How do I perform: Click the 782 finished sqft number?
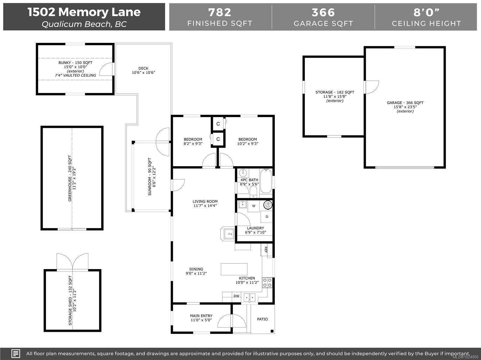click(x=220, y=12)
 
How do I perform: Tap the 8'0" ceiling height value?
click(x=426, y=12)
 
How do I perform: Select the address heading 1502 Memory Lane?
click(x=84, y=12)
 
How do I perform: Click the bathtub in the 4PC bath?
click(x=266, y=181)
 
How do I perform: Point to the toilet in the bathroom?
click(x=253, y=191)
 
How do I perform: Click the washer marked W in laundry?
click(x=254, y=206)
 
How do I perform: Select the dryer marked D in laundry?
click(x=267, y=217)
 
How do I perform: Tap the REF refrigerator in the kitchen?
click(x=266, y=250)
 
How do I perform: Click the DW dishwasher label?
click(x=237, y=296)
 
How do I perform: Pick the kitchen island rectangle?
click(x=234, y=269)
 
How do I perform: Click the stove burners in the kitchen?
click(x=267, y=283)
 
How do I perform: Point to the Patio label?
click(x=262, y=319)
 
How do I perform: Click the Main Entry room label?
click(x=201, y=318)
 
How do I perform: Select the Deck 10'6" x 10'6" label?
click(x=143, y=70)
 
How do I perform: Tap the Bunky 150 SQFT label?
click(x=75, y=63)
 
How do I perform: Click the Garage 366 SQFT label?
click(x=405, y=103)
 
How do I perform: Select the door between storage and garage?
click(x=371, y=87)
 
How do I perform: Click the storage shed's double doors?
click(x=72, y=262)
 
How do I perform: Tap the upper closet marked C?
click(x=218, y=124)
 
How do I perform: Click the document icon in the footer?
click(x=16, y=353)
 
